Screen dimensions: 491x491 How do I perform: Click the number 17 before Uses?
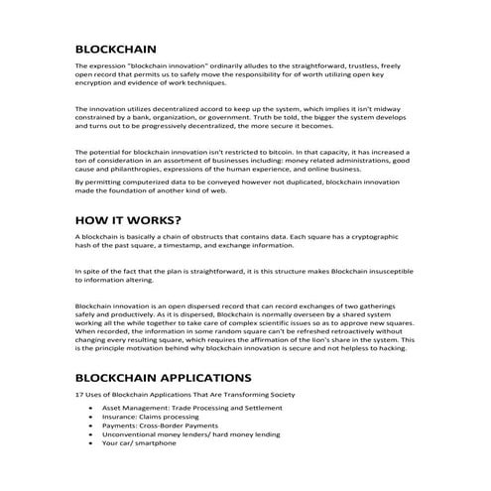click(79, 396)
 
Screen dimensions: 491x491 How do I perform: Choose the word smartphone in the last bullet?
click(156, 442)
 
